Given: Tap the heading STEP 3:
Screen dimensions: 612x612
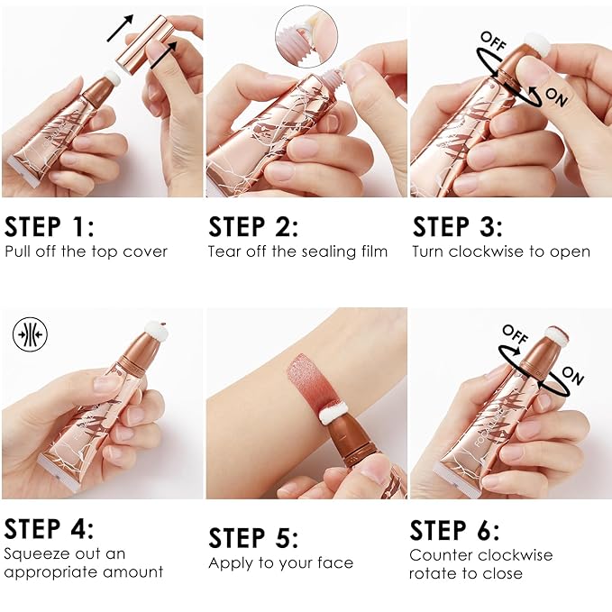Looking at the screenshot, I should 458,226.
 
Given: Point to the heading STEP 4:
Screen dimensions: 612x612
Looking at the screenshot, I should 49,528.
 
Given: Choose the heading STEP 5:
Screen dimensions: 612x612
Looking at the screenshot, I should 253,538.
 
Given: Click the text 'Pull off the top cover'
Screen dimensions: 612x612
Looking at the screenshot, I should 86,251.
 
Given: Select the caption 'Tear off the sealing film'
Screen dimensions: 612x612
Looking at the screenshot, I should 297,251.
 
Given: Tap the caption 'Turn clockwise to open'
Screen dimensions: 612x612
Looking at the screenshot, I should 501,251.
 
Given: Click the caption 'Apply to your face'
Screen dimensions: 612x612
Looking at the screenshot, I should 280,563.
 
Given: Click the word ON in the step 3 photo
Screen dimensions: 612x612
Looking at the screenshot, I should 556,98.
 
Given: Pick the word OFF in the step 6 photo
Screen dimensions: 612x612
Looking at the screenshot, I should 515,333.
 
